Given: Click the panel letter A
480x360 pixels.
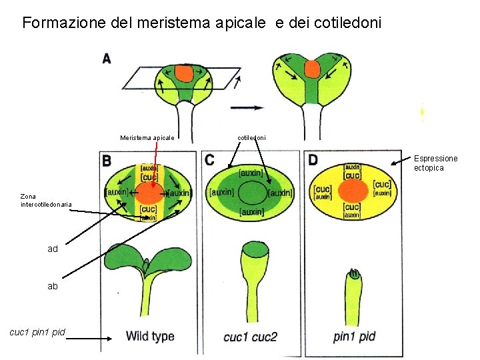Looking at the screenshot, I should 107,58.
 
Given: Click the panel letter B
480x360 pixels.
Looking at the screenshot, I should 107,161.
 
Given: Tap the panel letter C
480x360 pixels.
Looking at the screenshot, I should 210,160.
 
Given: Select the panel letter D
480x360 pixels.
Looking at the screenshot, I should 313,160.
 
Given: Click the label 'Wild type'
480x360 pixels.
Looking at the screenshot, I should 150,337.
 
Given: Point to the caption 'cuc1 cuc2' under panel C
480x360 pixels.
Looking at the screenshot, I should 250,337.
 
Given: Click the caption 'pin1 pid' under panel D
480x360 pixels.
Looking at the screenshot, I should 354,337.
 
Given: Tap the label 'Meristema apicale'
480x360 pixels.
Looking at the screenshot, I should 147,138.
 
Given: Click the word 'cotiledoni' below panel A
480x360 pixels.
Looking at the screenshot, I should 252,138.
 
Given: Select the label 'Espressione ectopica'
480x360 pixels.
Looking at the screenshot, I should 435,163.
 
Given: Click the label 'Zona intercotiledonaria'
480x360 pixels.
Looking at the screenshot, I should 46,200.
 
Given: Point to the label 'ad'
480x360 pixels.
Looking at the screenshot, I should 53,249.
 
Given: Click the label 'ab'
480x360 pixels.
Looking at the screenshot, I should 53,286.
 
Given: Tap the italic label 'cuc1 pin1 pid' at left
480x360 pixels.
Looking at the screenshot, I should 37,331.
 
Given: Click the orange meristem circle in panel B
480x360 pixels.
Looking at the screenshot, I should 149,193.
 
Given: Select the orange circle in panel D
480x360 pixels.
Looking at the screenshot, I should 353,192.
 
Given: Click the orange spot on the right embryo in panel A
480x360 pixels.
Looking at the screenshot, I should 312,68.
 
